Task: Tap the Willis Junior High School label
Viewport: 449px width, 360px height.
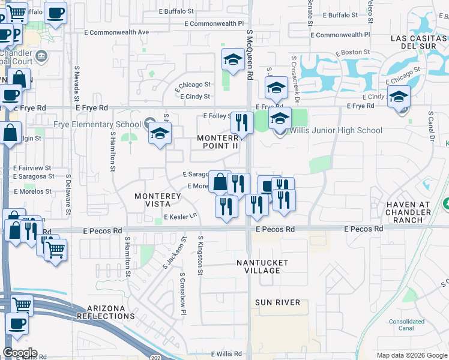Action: [x=336, y=130]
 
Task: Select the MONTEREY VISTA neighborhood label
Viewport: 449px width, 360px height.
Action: [x=158, y=200]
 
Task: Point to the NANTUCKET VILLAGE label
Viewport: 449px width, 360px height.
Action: [x=262, y=266]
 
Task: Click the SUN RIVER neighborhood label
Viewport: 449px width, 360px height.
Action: [x=277, y=302]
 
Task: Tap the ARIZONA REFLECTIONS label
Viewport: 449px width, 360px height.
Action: [x=105, y=311]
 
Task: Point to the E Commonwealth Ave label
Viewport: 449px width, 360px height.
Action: [x=116, y=32]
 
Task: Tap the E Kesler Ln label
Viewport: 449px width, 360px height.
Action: [x=180, y=217]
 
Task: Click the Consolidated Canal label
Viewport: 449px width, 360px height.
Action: [x=406, y=325]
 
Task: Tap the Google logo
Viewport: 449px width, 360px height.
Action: [x=20, y=353]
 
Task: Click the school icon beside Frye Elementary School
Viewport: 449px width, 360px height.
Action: [x=160, y=134]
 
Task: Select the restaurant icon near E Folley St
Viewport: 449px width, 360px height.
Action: [x=242, y=122]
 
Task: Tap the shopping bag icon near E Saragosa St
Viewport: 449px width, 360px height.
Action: [x=220, y=181]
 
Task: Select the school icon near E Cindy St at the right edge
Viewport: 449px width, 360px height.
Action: [x=399, y=96]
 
